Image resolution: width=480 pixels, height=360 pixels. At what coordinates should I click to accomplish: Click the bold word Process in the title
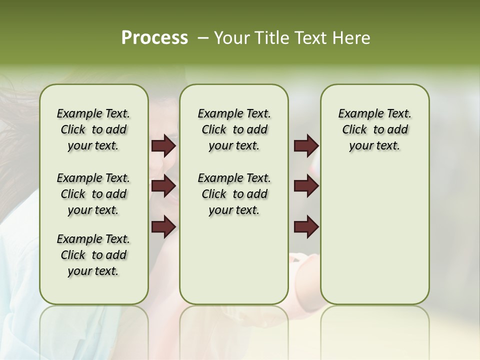click(x=154, y=38)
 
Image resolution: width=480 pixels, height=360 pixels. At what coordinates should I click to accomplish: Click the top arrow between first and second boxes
click(x=163, y=146)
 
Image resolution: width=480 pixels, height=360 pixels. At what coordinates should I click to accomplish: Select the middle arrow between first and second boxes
click(x=163, y=186)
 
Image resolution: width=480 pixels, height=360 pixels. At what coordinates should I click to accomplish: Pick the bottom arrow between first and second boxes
click(x=163, y=227)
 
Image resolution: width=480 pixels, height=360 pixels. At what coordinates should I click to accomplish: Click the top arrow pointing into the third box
click(x=306, y=146)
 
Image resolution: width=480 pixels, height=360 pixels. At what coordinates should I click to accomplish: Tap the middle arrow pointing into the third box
click(x=306, y=186)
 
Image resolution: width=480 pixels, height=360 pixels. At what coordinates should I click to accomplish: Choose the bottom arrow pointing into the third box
click(x=306, y=227)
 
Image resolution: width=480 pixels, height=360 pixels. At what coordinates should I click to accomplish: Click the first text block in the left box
click(x=93, y=129)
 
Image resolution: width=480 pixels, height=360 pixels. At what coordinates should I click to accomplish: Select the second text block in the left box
click(x=93, y=194)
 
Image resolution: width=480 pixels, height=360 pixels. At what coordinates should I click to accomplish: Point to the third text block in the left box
click(x=93, y=255)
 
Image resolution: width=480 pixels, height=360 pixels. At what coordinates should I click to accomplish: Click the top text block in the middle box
click(x=234, y=129)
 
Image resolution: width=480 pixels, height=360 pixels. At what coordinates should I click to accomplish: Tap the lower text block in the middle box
click(x=234, y=194)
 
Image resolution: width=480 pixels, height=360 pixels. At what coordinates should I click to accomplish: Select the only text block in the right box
click(x=374, y=129)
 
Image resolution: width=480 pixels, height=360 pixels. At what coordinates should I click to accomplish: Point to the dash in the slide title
click(x=202, y=38)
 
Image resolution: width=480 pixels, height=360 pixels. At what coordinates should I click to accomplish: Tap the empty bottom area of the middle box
click(x=234, y=265)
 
